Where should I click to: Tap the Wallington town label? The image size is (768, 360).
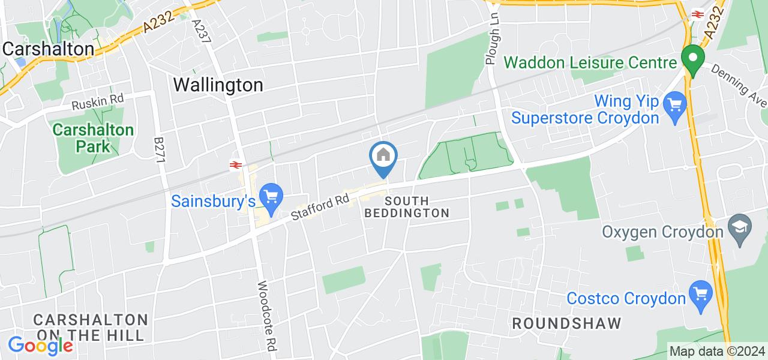tap(218, 85)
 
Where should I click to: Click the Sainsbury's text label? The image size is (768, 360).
tap(214, 201)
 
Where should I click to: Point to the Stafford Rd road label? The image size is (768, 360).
tap(320, 205)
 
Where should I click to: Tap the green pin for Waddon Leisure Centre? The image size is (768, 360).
tap(692, 60)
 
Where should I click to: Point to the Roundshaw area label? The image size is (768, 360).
tap(566, 324)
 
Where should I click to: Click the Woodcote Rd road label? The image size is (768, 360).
tap(267, 317)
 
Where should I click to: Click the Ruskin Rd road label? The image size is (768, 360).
tap(97, 103)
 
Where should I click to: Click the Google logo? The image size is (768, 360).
tap(40, 346)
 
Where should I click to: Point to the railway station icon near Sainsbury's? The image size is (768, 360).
tap(235, 165)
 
